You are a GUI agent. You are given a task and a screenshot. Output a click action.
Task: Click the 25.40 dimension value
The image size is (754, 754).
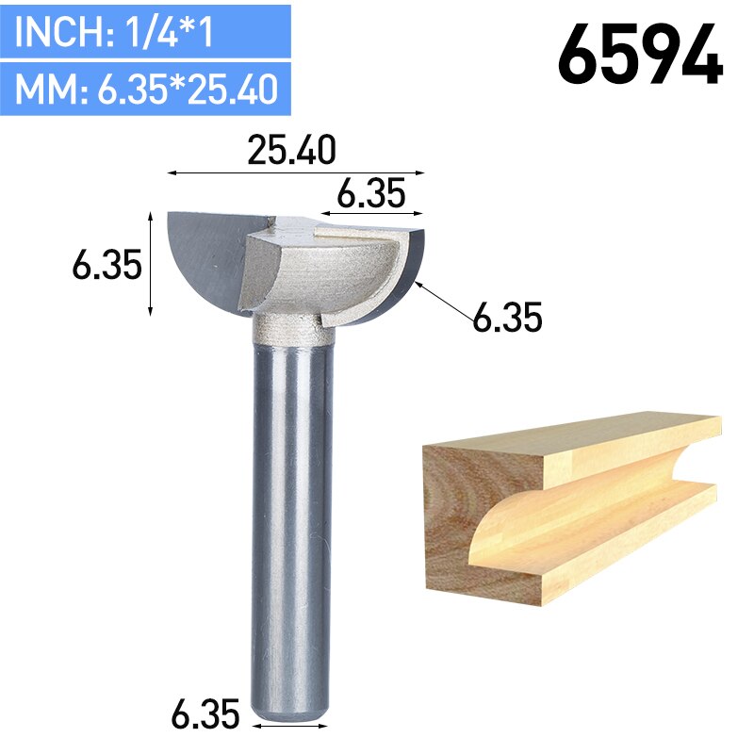[291, 151]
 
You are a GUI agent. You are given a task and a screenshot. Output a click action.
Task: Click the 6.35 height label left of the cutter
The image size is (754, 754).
[107, 266]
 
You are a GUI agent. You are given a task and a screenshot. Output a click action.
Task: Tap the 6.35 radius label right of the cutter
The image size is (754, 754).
[507, 319]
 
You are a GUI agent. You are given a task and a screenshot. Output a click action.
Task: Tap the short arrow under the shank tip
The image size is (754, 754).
[292, 727]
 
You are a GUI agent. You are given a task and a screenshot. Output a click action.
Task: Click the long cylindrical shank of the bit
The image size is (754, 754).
[292, 518]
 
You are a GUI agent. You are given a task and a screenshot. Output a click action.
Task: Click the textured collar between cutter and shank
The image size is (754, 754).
[292, 329]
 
